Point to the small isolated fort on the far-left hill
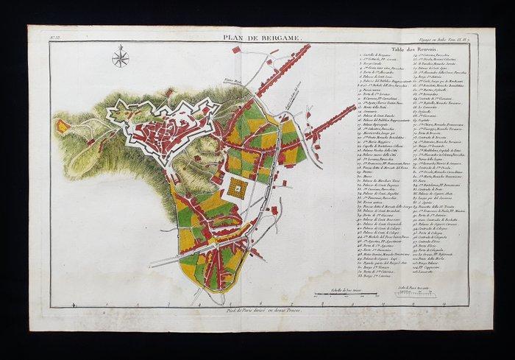(x=63, y=126)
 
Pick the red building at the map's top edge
(x=236, y=50)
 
